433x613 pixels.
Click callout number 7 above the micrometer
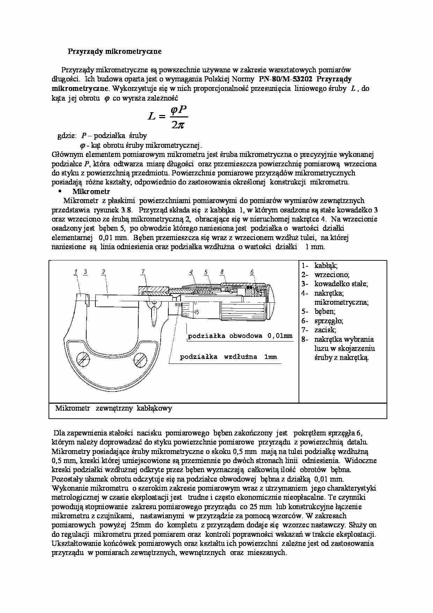click(143, 272)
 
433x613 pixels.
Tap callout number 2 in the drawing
click(103, 272)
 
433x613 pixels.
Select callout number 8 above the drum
click(222, 272)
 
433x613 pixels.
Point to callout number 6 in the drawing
click(252, 272)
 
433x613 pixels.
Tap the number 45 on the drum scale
click(196, 312)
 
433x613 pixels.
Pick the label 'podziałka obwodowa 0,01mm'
click(240, 336)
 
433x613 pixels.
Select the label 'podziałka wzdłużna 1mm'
click(228, 357)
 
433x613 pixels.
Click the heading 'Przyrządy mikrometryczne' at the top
click(115, 51)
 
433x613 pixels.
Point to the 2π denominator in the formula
click(178, 124)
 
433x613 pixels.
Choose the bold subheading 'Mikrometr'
click(91, 192)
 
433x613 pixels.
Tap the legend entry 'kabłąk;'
click(326, 266)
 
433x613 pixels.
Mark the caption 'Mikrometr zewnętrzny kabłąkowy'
click(113, 408)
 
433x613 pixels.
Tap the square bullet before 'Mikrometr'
click(60, 191)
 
